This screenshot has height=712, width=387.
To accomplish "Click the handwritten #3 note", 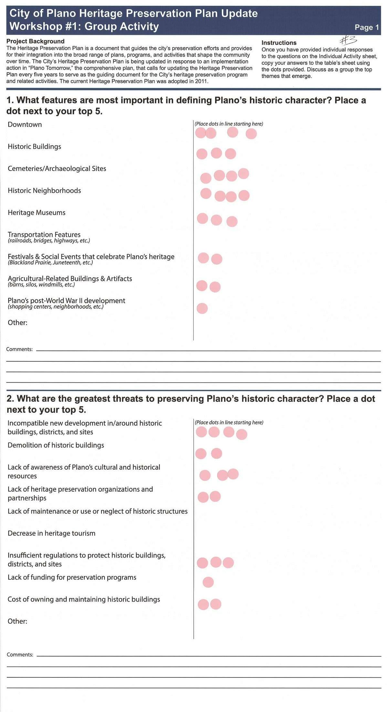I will pos(349,40).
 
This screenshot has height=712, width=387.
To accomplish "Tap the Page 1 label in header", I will pos(367,27).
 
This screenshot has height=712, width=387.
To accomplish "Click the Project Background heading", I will pos(35,41).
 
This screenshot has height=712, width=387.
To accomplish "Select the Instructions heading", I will pos(279,43).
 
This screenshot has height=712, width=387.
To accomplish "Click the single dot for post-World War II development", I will pos(202,308).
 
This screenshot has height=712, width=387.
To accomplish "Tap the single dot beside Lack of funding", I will pos(208,582).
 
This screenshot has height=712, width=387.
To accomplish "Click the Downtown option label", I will pos(25,124).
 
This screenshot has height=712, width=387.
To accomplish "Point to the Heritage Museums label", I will pos(37,213).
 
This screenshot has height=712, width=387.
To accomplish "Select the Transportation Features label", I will pos(44,235).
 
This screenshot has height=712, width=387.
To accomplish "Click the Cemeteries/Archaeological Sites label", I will pos(57,168).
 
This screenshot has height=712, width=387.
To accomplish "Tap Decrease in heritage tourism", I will pos(51,533).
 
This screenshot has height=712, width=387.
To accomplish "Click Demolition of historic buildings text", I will pos(56,445).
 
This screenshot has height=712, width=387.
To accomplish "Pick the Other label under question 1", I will pos(17,323).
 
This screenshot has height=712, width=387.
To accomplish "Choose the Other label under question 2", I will pos(17,621).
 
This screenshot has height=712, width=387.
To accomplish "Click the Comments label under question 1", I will pos(19,349).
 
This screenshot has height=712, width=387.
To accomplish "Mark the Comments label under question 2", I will pos(20,654).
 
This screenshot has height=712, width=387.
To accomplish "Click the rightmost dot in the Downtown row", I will pos(251,133).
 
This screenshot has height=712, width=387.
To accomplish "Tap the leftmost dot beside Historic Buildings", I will pos(202,154).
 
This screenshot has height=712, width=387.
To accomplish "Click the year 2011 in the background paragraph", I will pos(201,81).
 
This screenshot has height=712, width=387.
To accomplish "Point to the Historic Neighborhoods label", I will pos(44,191).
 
